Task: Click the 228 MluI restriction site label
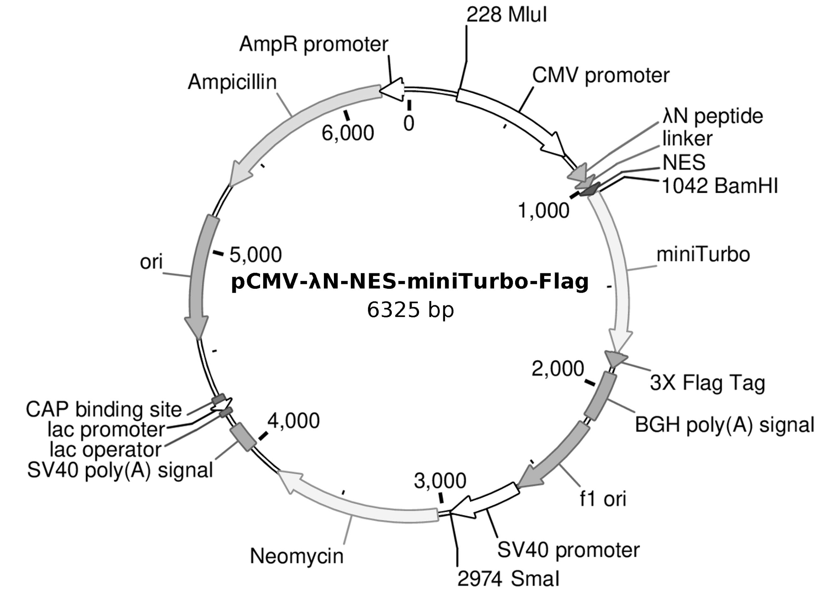506,16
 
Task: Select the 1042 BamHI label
719,186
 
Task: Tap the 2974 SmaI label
508,579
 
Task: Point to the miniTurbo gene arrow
621,273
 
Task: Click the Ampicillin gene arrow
294,118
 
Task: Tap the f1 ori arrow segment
554,458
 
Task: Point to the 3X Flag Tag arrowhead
615,358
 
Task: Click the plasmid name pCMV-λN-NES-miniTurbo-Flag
410,282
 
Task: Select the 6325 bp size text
410,310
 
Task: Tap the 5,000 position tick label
255,255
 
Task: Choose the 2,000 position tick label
558,369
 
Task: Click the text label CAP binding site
104,410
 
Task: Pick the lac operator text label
105,450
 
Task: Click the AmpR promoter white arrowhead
392,89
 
